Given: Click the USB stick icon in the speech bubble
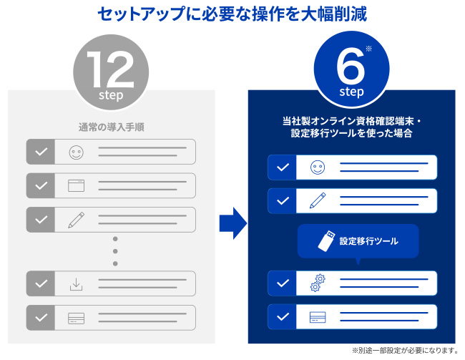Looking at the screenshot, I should point(324,241).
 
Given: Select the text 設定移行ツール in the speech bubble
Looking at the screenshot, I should point(368,241).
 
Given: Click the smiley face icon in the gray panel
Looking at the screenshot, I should point(76,152).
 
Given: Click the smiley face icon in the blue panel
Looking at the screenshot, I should point(317,167).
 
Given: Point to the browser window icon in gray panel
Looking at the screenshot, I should point(76,186).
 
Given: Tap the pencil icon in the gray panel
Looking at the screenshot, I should point(76,220).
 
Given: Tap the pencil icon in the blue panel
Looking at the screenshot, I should point(317,201).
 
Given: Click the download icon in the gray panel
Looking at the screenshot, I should point(76,284).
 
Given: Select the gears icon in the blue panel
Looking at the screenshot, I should point(317,283).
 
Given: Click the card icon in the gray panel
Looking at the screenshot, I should point(76,318).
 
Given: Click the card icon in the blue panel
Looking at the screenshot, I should point(317,317).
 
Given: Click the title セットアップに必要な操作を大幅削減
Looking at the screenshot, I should point(232,14).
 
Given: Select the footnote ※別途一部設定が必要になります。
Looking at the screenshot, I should point(404,351).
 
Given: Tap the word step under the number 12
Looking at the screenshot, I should point(111,94).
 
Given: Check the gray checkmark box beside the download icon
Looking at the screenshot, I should point(41,284).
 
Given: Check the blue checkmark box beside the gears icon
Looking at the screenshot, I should point(283,283).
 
